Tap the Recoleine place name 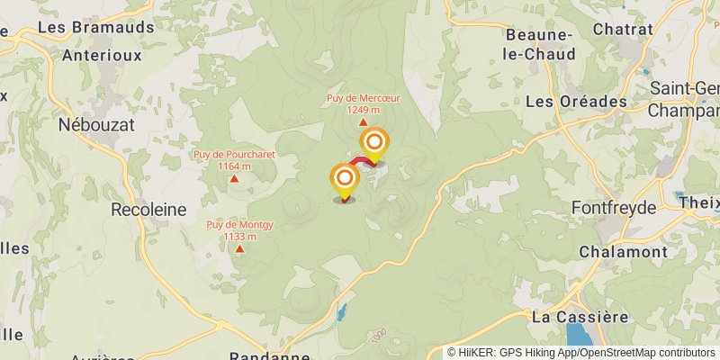pyautogui.click(x=148, y=209)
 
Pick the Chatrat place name pyautogui.click(x=623, y=29)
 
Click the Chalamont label pyautogui.click(x=622, y=251)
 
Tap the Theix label pyautogui.click(x=700, y=202)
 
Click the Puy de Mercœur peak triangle pyautogui.click(x=364, y=122)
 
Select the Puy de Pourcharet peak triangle pyautogui.click(x=234, y=178)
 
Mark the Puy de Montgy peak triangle pyautogui.click(x=239, y=248)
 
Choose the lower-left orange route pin pyautogui.click(x=344, y=179)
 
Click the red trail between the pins pyautogui.click(x=358, y=162)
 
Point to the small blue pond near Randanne pyautogui.click(x=342, y=313)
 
